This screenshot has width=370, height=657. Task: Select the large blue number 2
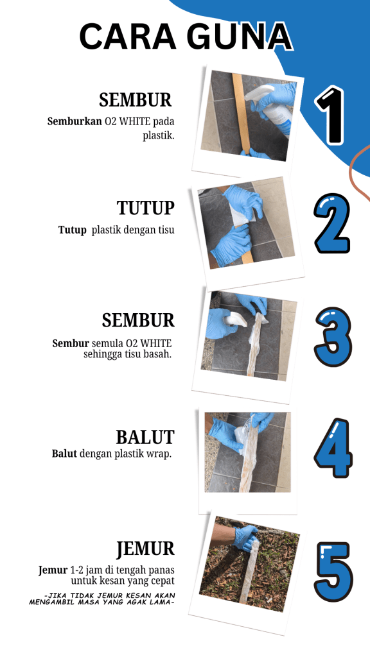tap(332, 223)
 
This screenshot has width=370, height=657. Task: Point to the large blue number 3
tap(333, 337)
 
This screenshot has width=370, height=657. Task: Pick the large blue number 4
tap(333, 448)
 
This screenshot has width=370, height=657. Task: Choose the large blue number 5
tap(334, 572)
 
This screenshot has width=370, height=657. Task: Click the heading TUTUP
tap(146, 208)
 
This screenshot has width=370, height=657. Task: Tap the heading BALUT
tap(145, 437)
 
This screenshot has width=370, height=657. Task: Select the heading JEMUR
tap(145, 549)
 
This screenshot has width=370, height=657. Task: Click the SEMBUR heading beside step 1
tap(136, 99)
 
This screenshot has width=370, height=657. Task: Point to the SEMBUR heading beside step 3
tap(138, 320)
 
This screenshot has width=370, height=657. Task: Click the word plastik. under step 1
tap(158, 136)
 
